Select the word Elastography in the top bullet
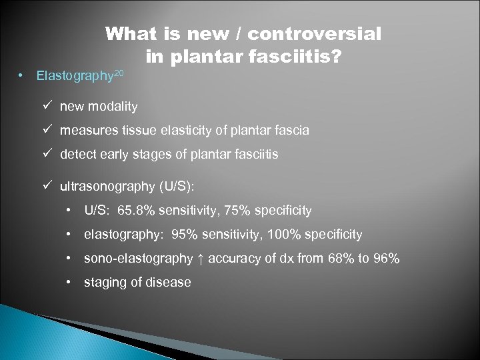[x=73, y=76]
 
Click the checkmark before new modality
[x=45, y=106]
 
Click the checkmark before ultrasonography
[x=45, y=186]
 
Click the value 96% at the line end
[x=387, y=259]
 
